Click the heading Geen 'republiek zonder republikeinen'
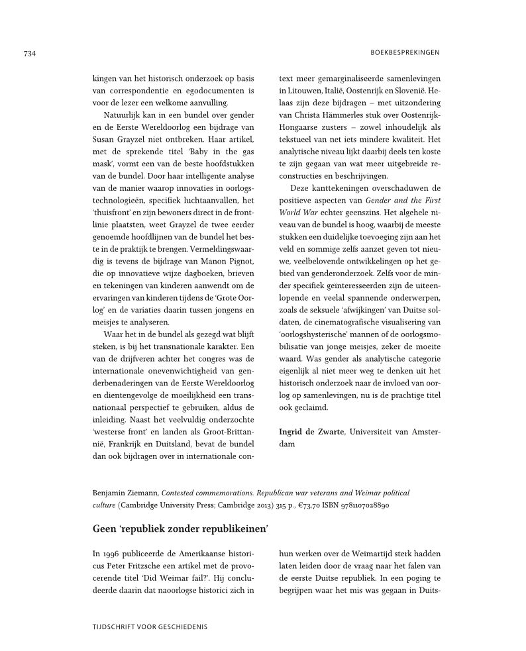click(181, 528)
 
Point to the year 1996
click(111, 554)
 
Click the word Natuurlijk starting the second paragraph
click(123, 115)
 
